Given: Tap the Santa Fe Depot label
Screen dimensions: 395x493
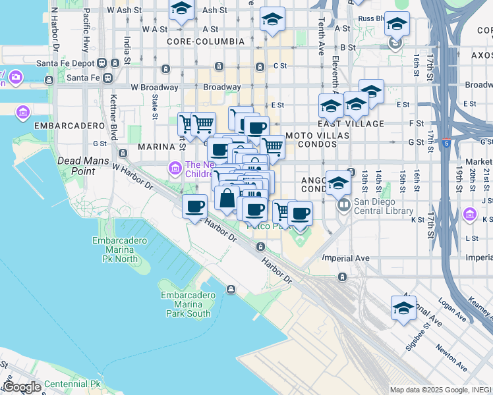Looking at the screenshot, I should (66, 63).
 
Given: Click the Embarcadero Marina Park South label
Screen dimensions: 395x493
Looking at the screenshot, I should (188, 304).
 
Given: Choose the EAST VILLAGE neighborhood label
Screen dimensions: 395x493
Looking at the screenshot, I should (351, 124).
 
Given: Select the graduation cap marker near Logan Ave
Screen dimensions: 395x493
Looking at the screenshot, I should (403, 307).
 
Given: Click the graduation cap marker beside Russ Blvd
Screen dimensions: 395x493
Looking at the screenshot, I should (396, 25).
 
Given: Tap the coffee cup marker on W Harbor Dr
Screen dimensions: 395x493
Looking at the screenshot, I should (194, 207).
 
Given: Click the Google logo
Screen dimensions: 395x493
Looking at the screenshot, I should (22, 387).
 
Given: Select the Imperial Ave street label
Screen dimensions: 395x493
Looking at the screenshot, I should (345, 258).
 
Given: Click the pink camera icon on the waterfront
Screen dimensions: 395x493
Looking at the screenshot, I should (15, 78).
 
